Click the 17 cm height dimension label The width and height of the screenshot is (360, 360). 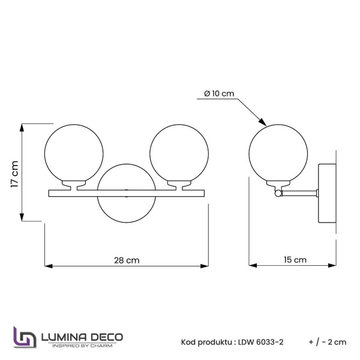[x=15, y=173]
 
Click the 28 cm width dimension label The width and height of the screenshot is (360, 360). [x=127, y=260]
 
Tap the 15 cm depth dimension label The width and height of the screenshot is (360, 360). [x=294, y=260]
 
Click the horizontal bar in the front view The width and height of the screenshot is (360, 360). [x=127, y=193]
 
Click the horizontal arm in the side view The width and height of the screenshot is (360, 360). [x=300, y=192]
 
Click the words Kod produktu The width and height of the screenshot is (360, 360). [x=205, y=342]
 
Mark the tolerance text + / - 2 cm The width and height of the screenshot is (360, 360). [x=328, y=342]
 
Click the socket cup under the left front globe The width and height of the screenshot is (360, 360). [x=76, y=185]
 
